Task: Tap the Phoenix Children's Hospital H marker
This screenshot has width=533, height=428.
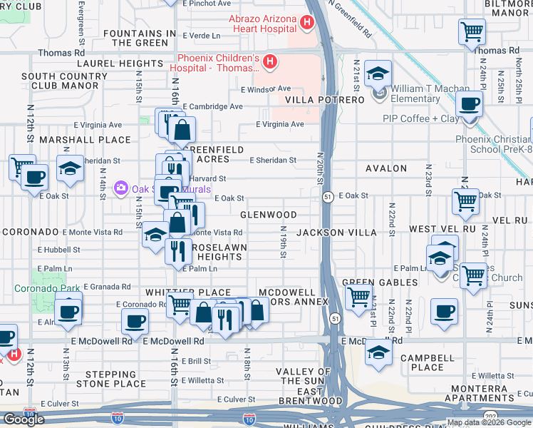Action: coord(269,63)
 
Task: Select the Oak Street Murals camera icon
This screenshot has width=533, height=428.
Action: coord(120,188)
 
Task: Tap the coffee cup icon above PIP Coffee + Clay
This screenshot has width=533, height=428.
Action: coord(468,104)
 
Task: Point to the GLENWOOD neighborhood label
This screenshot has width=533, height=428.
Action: coord(269,215)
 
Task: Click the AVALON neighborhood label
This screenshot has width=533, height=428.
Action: coord(385,169)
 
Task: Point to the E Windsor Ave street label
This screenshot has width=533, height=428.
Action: coord(266,89)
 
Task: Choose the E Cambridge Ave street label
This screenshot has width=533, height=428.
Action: coord(212,106)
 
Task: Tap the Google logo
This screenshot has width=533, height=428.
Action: coord(23,419)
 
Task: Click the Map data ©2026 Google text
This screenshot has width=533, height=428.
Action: coord(488,422)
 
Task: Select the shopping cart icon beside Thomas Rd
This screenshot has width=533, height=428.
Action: coord(472,32)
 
